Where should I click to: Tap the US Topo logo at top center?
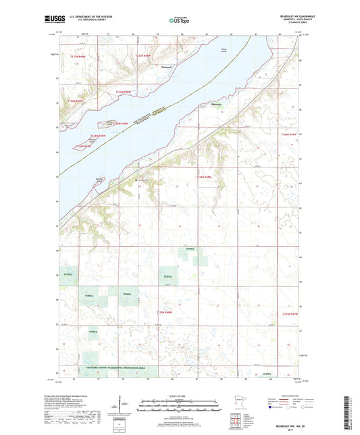point(178,21)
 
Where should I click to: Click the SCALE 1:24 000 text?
point(179,395)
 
